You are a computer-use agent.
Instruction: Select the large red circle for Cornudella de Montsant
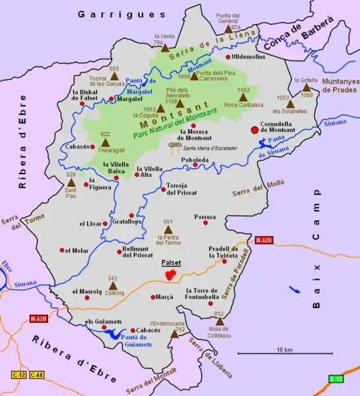pos(255,130)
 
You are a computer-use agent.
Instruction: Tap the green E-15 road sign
pos(336,378)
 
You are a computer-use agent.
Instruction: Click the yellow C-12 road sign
pos(19,374)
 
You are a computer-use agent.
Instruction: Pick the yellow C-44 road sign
pos(36,374)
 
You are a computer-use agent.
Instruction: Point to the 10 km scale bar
pos(284,356)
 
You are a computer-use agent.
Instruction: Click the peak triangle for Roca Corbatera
pos(243,97)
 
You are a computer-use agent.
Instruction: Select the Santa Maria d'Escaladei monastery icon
pos(175,148)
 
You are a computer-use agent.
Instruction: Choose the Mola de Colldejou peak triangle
pos(220,321)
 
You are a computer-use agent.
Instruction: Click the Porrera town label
pos(205,216)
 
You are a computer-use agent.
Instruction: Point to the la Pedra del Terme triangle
pos(167,229)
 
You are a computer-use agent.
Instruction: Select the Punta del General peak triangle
pos(228,29)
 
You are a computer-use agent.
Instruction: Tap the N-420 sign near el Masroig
pos(39,319)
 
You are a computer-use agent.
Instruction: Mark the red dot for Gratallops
pos(132,215)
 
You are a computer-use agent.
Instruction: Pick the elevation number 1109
pos(171,101)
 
